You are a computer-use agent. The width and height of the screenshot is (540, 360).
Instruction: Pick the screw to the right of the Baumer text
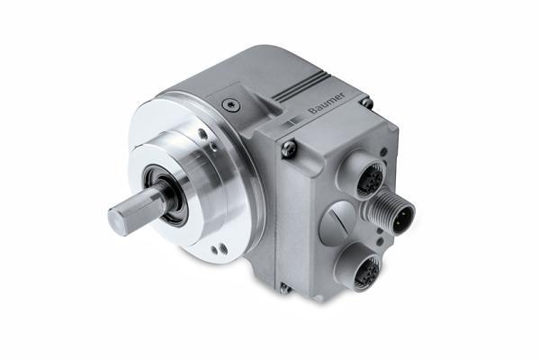366,103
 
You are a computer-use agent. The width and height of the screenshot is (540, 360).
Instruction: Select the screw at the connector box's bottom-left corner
284,288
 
